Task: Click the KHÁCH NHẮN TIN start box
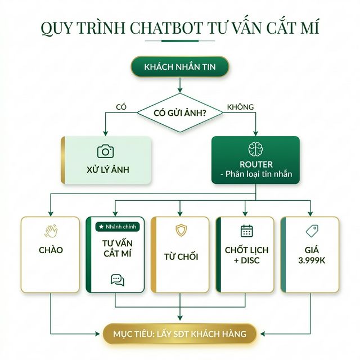point(179,67)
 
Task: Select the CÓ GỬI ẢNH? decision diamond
point(180,112)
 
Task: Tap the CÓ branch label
point(121,106)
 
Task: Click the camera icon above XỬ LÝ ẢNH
point(105,151)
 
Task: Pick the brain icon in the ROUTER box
point(256,149)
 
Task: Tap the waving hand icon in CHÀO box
point(51,231)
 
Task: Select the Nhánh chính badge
point(115,226)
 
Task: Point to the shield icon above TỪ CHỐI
point(181,230)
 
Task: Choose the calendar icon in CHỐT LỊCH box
point(246,231)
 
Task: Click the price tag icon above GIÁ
point(312,231)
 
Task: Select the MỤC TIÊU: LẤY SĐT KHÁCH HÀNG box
point(180,334)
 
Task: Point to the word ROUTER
point(256,164)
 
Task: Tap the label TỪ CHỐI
point(181,256)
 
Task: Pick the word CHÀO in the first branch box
point(51,250)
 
